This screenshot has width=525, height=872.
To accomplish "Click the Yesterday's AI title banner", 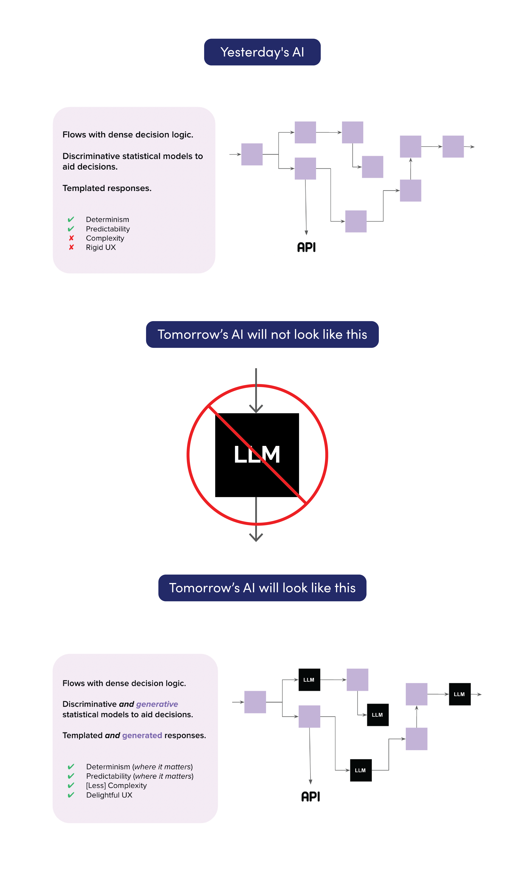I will click(262, 52).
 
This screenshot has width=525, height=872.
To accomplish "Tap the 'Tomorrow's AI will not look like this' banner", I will click(262, 334).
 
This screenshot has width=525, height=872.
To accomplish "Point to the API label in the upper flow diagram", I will click(306, 247).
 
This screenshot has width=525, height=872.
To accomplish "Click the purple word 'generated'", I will click(142, 735).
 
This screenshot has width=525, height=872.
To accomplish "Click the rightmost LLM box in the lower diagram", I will click(460, 694).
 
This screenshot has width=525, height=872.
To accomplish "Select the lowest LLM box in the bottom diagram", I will click(360, 770).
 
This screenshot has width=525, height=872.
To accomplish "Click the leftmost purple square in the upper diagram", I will click(252, 154).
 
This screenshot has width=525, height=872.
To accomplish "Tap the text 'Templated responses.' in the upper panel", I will click(107, 188).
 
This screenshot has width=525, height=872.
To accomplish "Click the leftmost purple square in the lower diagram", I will click(255, 702).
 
